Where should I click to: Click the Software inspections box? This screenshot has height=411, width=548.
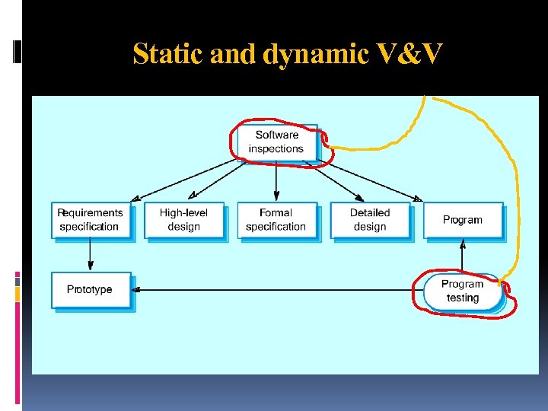(276, 142)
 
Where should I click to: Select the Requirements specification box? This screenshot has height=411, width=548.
(91, 220)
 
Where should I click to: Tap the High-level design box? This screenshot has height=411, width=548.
(183, 220)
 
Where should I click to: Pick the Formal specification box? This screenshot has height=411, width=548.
(276, 220)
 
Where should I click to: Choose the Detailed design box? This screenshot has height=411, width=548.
(369, 220)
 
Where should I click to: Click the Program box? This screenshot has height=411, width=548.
(463, 220)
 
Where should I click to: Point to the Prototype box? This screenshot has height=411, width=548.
(91, 290)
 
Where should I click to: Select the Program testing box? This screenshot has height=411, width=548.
(463, 292)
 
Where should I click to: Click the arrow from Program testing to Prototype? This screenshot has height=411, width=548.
(274, 290)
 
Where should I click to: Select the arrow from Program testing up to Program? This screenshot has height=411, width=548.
(463, 256)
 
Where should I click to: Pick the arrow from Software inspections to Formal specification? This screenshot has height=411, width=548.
(276, 183)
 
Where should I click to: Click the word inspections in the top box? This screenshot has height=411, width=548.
(276, 149)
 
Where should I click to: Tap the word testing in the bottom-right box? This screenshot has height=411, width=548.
(463, 298)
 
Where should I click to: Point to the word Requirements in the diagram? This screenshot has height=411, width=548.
(90, 213)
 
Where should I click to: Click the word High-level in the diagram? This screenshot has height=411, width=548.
(183, 213)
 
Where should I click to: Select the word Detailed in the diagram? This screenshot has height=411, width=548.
(370, 213)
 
